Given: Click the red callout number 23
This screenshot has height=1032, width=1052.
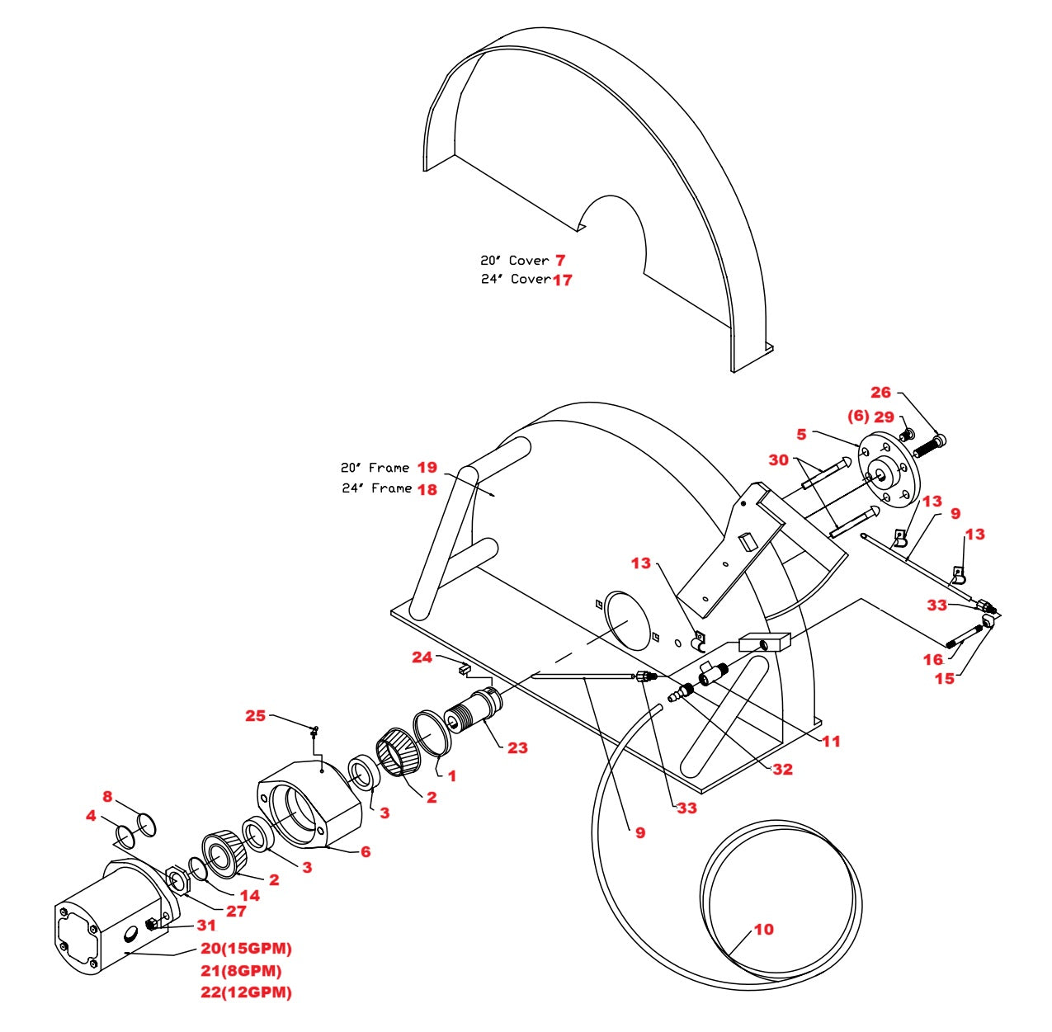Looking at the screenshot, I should click(517, 748).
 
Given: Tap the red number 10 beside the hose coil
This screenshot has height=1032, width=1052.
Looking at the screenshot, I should click(764, 930).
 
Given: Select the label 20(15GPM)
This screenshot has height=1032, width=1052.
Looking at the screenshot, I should click(246, 949).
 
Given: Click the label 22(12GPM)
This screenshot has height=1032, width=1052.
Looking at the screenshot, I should click(246, 992).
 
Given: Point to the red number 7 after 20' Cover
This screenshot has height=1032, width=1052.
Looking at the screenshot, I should click(560, 261).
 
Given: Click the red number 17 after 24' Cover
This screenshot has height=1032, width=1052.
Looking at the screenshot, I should click(562, 280).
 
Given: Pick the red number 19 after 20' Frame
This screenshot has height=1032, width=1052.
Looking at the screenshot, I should click(427, 468).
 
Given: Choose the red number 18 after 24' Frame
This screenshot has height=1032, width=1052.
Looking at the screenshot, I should click(427, 489).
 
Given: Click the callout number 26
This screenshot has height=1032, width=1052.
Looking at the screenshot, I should click(881, 393).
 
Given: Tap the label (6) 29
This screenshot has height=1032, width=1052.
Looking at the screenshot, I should click(870, 417).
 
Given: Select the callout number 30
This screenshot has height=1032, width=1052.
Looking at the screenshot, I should click(778, 460).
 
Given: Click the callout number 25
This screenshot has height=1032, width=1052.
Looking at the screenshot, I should click(255, 716).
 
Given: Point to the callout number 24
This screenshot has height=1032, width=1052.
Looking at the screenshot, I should click(422, 657).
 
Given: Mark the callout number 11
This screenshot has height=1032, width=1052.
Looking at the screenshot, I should click(831, 742).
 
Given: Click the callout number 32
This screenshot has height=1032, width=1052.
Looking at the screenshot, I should click(782, 770).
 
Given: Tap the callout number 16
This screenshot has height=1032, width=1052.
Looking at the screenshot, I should click(933, 659).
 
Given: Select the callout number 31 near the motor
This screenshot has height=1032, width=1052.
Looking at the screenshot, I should click(206, 926).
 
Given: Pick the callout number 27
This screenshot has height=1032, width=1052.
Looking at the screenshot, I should click(236, 912).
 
